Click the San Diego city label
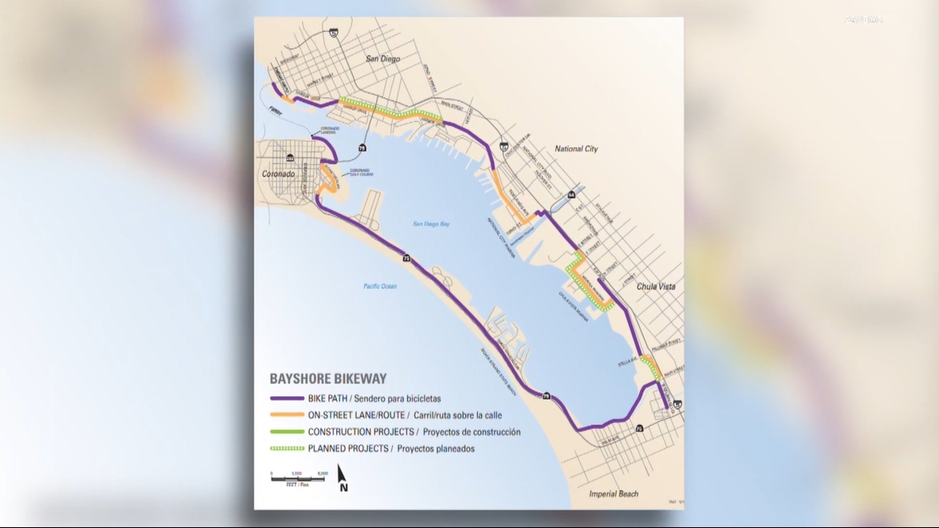[383, 58]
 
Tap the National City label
[576, 149]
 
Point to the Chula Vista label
[655, 287]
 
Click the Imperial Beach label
[614, 494]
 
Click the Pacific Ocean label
[380, 286]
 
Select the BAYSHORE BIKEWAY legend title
[328, 379]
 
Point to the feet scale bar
[299, 476]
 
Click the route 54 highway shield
[571, 195]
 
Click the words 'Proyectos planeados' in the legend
[436, 449]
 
